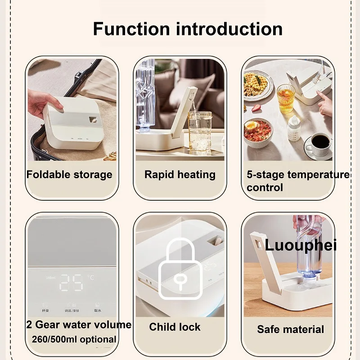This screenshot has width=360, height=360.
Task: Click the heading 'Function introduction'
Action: pos(188,29)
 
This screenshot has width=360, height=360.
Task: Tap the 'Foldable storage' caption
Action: pos(69,175)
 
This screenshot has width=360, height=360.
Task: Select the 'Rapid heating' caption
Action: pos(180,175)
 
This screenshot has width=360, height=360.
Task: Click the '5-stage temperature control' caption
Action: pos(297,180)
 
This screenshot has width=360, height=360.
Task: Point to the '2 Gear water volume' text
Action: pos(79,325)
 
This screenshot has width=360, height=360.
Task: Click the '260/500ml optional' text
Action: pos(74,339)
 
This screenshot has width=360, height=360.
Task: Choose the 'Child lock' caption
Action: pos(175,327)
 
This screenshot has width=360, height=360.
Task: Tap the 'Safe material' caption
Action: pos(290,329)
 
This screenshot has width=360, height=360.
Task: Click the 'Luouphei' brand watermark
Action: pos(301,245)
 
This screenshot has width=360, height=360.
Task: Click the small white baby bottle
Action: pos(294,128)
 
